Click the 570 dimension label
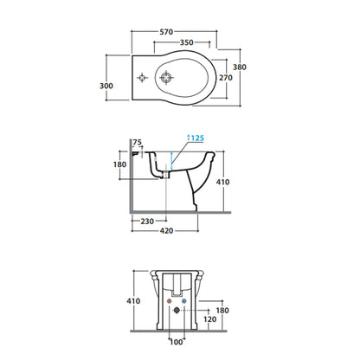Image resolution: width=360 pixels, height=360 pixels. pyautogui.click(x=166, y=32)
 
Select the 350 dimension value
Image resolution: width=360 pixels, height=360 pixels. pyautogui.click(x=186, y=42)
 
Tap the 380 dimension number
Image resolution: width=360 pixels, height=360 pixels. pyautogui.click(x=240, y=67)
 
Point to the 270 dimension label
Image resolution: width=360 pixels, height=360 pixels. pyautogui.click(x=226, y=78)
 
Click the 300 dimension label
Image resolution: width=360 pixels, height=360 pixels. pyautogui.click(x=106, y=86)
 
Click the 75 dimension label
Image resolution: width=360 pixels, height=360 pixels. pyautogui.click(x=138, y=142)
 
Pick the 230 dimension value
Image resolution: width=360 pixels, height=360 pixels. pyautogui.click(x=147, y=222)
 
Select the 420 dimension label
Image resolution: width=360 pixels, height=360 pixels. pyautogui.click(x=166, y=231)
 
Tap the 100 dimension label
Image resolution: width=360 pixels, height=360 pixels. pyautogui.click(x=177, y=342)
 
